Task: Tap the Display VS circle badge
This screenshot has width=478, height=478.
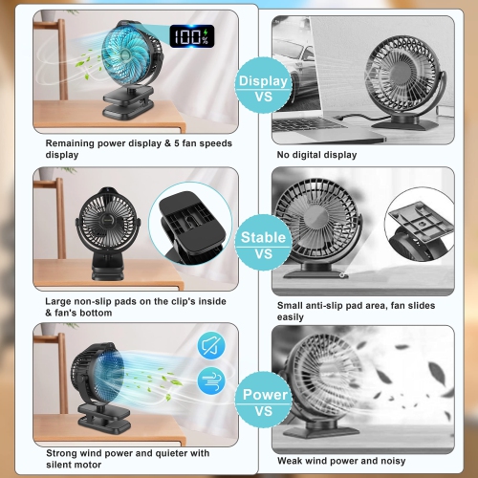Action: click(x=262, y=90)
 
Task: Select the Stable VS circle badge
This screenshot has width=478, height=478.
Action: click(x=262, y=246)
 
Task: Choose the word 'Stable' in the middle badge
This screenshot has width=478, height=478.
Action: click(x=262, y=237)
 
